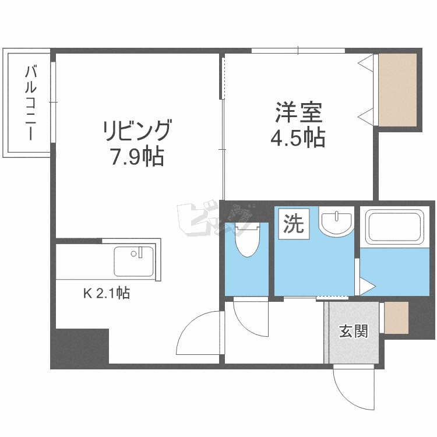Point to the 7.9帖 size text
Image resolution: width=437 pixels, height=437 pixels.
[137, 156]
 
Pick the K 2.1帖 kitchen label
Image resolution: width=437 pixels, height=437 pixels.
[105, 294]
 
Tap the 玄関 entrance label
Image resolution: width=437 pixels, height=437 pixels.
[354, 332]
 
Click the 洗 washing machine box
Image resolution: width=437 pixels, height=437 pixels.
[294, 223]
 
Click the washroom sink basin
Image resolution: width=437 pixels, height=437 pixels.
[336, 221]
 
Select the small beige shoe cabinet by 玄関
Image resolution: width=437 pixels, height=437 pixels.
[396, 318]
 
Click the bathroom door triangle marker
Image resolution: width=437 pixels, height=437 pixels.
[366, 286]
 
